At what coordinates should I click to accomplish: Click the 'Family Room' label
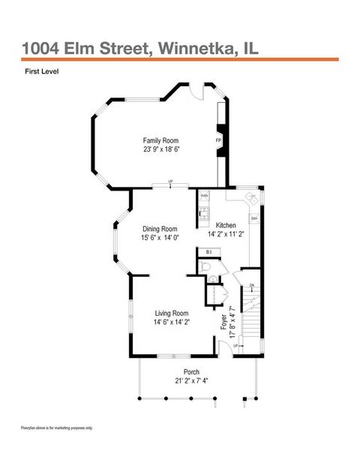coord(161,140)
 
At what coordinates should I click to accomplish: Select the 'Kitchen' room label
coord(226,225)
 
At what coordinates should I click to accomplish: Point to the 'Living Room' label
coord(172,313)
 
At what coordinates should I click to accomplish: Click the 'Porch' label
coord(191,371)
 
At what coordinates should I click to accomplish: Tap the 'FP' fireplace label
coord(218,140)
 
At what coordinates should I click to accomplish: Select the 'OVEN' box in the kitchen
coord(204,194)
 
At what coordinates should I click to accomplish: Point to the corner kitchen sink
coord(253,199)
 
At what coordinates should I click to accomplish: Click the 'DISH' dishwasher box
coord(254,218)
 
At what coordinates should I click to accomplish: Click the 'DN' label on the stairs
coord(252,285)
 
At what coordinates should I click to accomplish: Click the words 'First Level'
coord(41,72)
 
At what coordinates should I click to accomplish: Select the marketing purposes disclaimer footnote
coord(57,428)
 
